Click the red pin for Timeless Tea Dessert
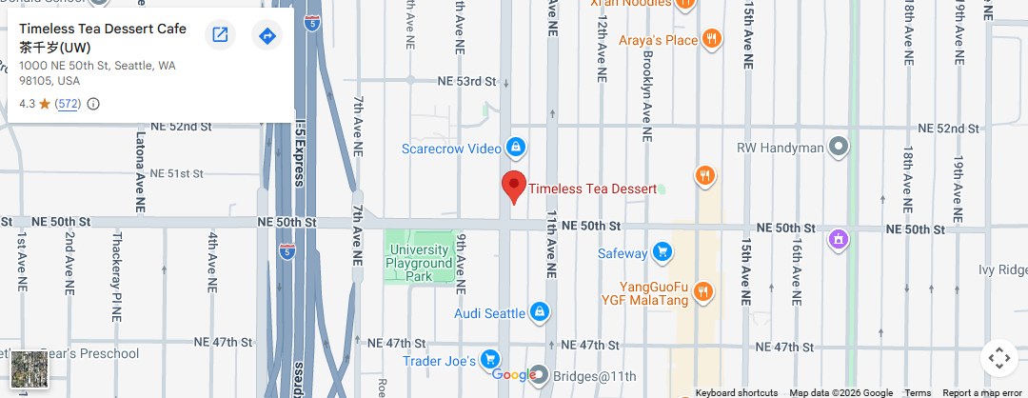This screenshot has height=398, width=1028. (x=514, y=186)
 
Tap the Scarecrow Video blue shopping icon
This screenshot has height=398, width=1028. (x=515, y=148)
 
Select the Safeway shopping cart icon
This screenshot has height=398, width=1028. (x=662, y=252)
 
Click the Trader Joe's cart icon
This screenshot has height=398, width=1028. (x=490, y=359)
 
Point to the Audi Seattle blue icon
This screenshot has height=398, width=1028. (x=540, y=312)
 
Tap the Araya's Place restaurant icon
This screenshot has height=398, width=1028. (x=711, y=39)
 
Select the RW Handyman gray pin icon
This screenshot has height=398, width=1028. (x=839, y=148)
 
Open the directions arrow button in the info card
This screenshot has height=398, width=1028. (x=267, y=35)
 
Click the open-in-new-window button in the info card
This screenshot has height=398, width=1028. (x=220, y=35)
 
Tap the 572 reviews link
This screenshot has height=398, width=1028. (x=68, y=104)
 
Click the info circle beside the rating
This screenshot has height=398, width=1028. (x=93, y=104)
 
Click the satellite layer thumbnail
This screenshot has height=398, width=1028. (x=27, y=368)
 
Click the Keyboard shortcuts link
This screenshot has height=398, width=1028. (x=736, y=392)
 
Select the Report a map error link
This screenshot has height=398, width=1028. (x=982, y=392)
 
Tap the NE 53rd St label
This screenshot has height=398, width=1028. (x=464, y=82)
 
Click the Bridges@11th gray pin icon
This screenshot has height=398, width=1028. (x=539, y=373)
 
